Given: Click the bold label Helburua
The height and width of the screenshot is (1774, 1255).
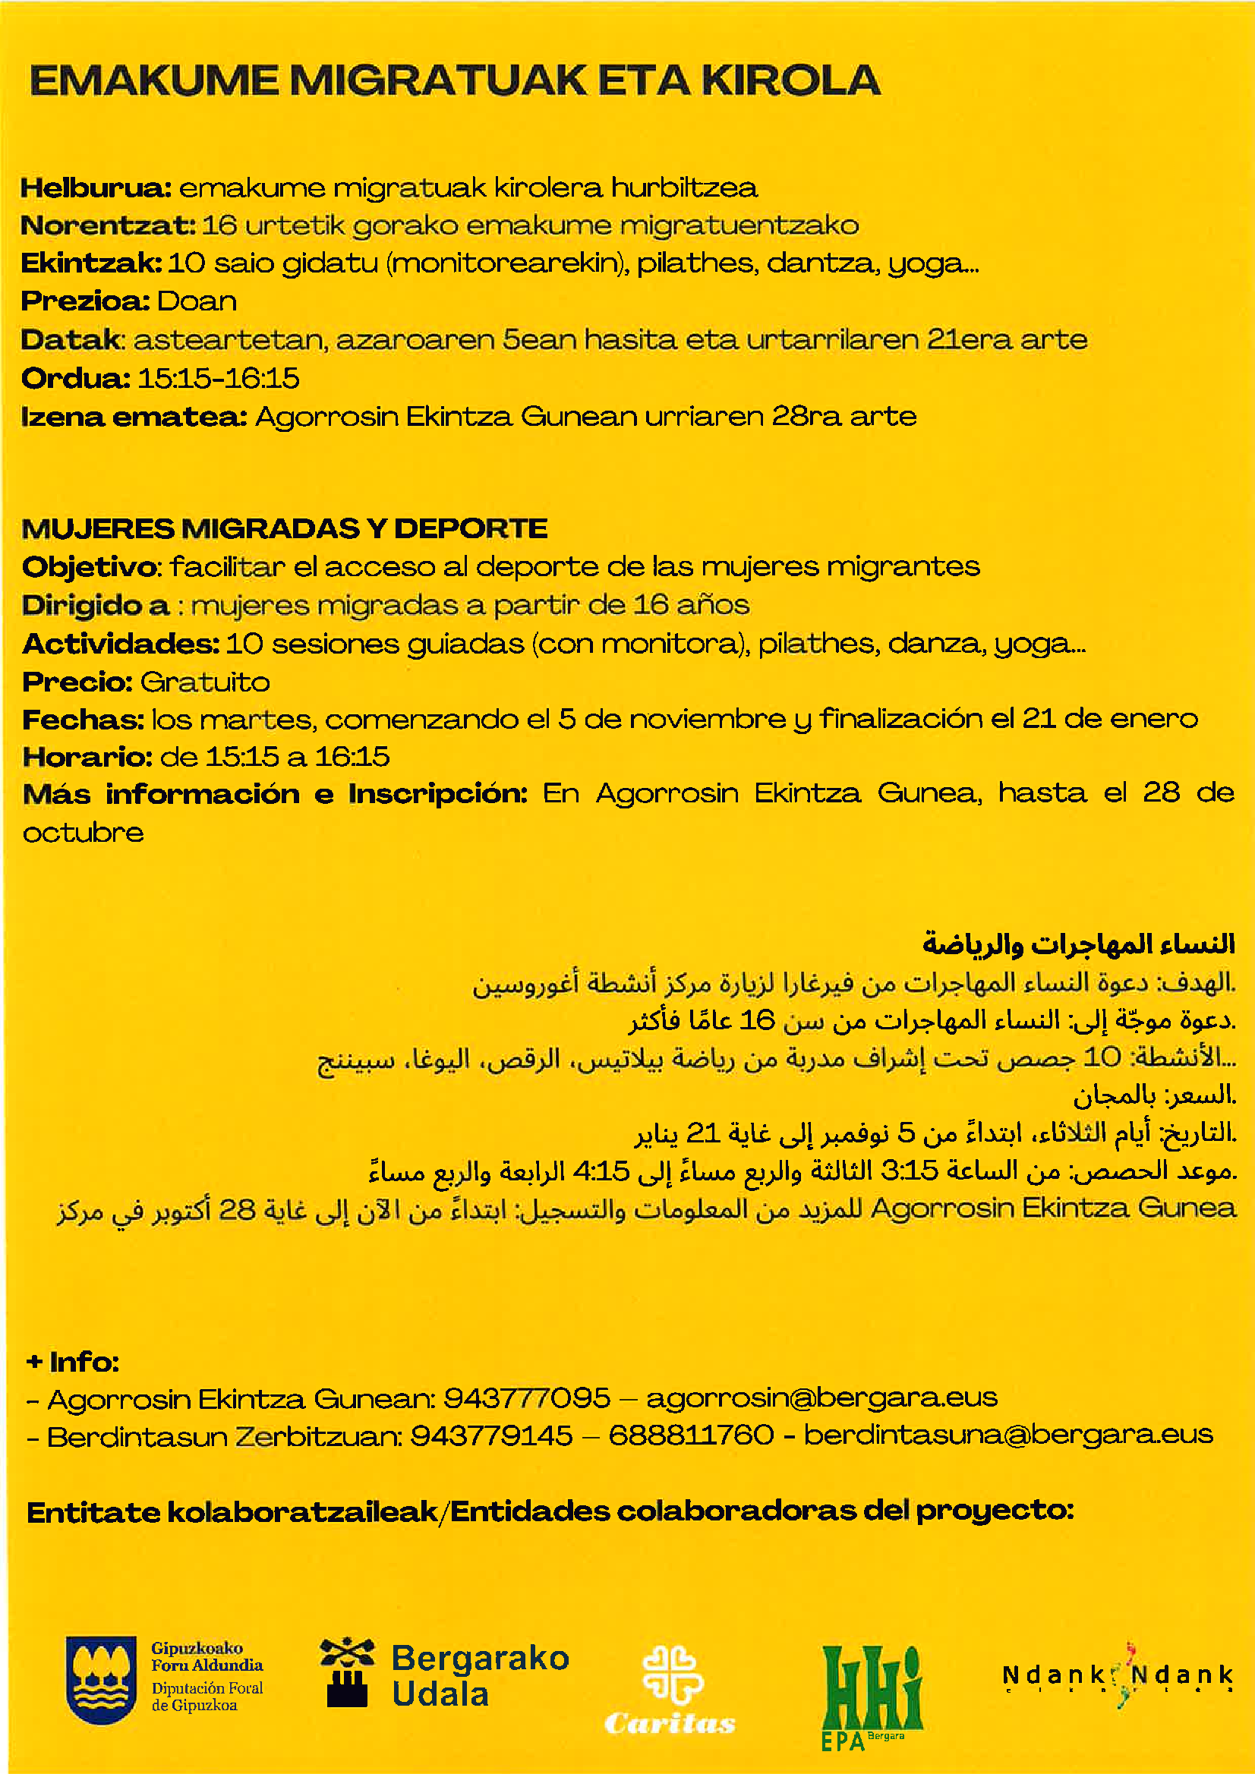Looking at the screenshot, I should pos(96,187).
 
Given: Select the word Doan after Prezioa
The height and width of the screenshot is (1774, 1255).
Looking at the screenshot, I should pos(197,301).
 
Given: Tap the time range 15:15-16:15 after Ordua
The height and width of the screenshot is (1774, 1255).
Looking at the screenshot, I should pos(219,379).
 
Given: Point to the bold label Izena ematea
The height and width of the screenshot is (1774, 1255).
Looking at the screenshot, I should pos(134,418).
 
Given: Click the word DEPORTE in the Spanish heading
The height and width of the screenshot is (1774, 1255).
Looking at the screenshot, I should pos(471,529).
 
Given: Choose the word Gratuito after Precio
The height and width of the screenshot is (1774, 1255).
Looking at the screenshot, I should pos(206,682).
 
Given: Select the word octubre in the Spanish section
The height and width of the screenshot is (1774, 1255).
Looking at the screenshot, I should pos(84,833).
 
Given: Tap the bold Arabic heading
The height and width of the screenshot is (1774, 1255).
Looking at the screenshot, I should pos(1079,944).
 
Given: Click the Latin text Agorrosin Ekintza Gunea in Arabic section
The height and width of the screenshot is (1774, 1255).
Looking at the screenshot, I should pos(1053,1208).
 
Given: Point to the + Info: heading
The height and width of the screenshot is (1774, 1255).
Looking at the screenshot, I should pos(73,1361).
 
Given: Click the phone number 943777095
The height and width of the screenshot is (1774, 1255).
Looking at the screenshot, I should pos(527,1397).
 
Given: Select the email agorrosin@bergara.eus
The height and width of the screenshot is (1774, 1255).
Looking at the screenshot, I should pos(821,1397).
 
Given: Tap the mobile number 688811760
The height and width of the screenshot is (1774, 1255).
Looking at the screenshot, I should pos(691,1435).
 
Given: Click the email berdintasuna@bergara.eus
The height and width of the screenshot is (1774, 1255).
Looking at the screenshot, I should pos(1007,1435).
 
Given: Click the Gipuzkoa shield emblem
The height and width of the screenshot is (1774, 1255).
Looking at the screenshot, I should pos(100,1681).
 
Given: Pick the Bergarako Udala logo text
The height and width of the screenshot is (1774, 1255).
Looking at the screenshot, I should pos(480,1676).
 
